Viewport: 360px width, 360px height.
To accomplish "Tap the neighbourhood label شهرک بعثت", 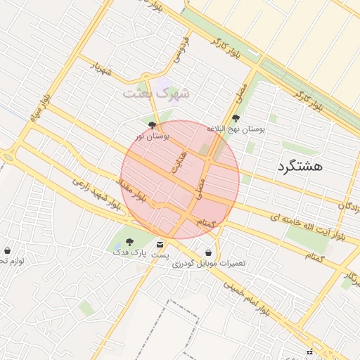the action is (156, 92).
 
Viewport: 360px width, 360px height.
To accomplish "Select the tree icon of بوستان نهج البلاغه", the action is (236, 119).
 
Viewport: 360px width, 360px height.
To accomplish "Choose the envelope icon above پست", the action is (161, 243).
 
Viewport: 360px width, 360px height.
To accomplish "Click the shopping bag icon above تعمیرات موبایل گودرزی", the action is (208, 252).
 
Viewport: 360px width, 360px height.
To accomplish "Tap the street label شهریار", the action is (101, 70).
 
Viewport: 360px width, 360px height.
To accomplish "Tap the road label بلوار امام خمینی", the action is (246, 297).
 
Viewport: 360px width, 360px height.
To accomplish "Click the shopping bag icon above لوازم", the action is (8, 250).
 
